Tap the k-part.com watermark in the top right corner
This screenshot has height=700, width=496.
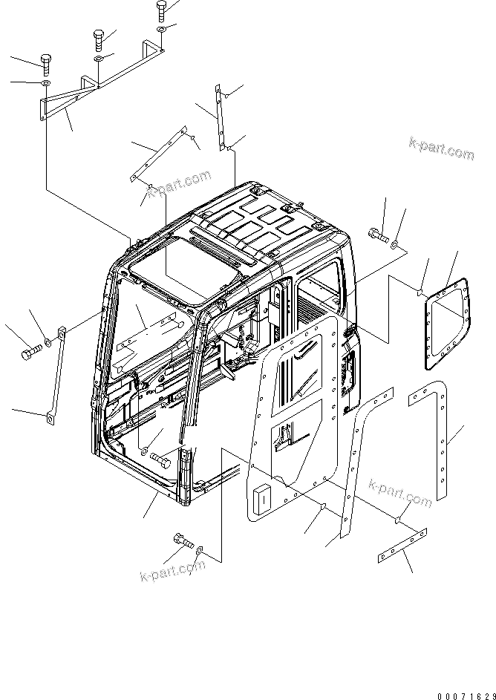440,148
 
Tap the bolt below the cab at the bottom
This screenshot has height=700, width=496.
182,543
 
